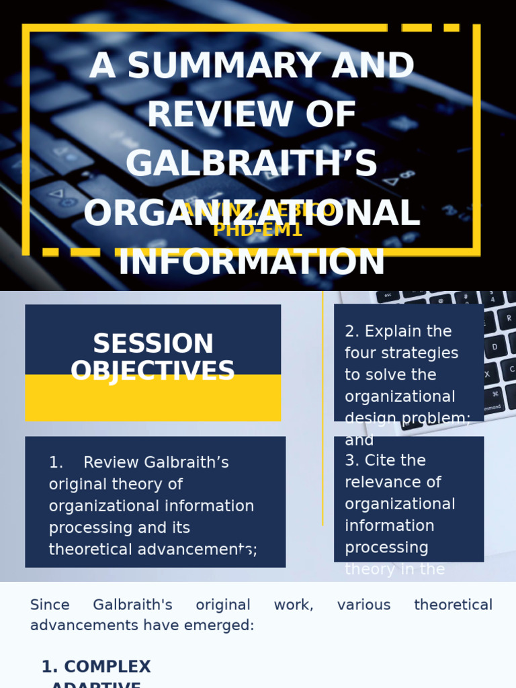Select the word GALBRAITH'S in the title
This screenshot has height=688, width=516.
click(251, 164)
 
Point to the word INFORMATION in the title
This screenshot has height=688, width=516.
click(251, 263)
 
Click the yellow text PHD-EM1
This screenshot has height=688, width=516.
click(258, 230)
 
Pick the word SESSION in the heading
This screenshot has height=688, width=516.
click(153, 344)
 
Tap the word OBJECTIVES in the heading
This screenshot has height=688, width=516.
click(153, 371)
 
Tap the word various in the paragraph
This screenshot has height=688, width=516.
click(363, 605)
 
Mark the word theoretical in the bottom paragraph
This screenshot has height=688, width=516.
click(453, 605)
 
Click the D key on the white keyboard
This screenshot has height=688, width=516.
click(495, 347)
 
